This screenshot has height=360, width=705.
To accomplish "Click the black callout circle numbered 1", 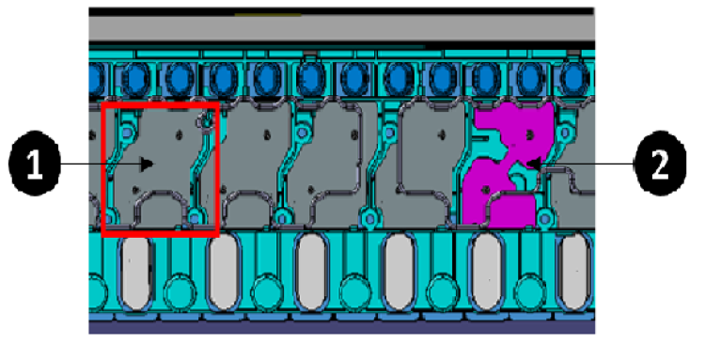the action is tap(35, 164).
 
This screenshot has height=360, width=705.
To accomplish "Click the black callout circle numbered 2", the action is tap(660, 164).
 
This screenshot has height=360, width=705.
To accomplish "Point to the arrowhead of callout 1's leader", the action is tap(147, 164).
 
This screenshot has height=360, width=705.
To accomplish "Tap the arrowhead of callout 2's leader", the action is tap(533, 164).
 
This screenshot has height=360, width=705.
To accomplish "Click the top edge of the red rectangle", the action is tap(160, 103).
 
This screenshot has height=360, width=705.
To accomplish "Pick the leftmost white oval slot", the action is tap(135, 273).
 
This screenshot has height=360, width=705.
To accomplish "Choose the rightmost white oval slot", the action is tap(574, 273).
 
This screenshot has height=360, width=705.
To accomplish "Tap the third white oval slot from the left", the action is tap(311, 273).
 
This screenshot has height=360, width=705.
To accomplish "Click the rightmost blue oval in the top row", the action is tap(574, 79).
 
